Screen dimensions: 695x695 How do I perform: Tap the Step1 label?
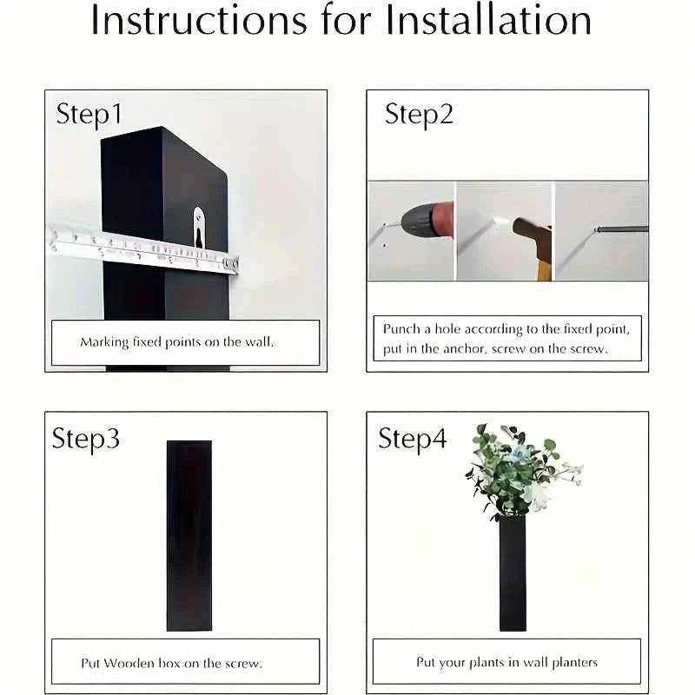(89, 115)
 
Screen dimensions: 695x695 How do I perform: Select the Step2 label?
(420, 115)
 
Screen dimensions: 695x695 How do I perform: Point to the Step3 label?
(86, 439)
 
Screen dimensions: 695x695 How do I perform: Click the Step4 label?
(413, 439)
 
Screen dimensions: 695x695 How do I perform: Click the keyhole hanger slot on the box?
(199, 228)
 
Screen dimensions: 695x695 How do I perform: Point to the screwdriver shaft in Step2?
(621, 229)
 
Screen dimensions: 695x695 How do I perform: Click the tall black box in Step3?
(189, 535)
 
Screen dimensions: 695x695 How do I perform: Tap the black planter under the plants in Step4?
(513, 573)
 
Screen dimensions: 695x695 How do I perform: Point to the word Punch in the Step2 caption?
(401, 329)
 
